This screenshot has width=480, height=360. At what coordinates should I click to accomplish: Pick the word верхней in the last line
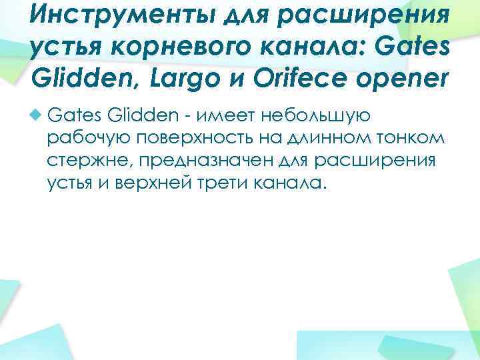159,182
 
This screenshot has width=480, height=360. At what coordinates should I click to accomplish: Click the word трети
225,182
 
